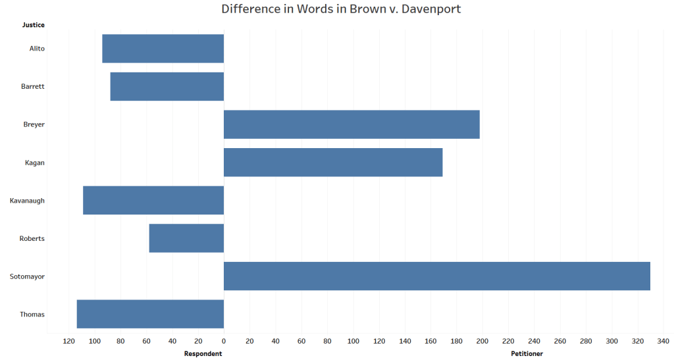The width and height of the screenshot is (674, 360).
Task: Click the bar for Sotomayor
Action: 436,276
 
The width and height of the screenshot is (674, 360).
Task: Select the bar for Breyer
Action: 351,124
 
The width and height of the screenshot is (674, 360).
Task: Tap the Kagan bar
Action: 333,162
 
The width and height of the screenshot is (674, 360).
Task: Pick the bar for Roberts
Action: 186,238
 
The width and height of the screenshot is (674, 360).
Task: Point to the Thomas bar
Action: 150,314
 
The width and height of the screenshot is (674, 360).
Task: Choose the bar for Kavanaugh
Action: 153,200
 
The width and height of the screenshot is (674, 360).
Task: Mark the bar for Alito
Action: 163,49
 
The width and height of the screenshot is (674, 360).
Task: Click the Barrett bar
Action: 167,86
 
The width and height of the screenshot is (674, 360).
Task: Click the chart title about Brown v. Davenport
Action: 341,9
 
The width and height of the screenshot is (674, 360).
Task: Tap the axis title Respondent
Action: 203,353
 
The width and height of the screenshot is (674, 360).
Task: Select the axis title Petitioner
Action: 527,353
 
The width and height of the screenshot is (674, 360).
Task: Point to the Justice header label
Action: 34,25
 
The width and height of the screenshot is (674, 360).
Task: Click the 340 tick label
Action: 663,341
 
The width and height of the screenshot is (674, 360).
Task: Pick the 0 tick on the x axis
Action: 224,341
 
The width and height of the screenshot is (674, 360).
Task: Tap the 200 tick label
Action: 482,341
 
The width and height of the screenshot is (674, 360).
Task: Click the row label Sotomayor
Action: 27,276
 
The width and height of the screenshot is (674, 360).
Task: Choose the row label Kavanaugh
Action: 27,201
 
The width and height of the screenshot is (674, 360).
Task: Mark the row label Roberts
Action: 32,238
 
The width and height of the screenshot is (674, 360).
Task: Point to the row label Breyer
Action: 34,124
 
